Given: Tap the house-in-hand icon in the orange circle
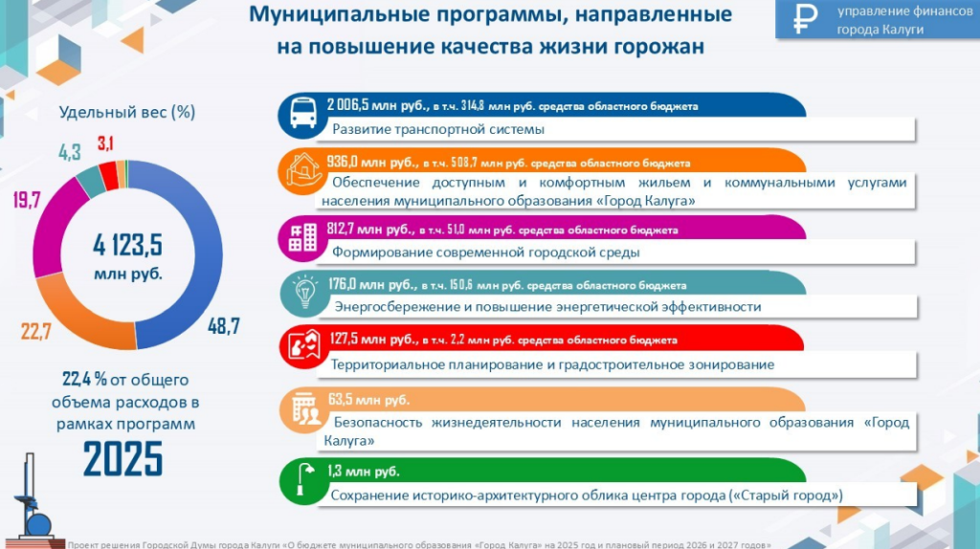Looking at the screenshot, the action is (x=303, y=170).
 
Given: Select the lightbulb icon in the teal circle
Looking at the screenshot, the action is (x=305, y=292).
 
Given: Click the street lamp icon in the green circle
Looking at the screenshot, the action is (x=304, y=479).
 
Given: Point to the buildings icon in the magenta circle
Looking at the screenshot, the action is (x=302, y=237).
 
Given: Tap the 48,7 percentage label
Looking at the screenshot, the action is (x=224, y=325).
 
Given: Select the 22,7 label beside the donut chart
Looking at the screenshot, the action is (x=35, y=331).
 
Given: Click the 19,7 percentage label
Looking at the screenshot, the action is (x=27, y=200).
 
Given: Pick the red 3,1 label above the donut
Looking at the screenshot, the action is (x=105, y=143).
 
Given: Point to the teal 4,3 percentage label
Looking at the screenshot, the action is (x=69, y=152).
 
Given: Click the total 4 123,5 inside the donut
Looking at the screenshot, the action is (x=127, y=245).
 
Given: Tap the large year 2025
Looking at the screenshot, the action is (x=122, y=459).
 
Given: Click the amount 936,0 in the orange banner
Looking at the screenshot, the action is (x=342, y=162).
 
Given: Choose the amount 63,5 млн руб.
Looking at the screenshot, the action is (x=368, y=400).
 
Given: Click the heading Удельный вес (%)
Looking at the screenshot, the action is (x=127, y=113).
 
